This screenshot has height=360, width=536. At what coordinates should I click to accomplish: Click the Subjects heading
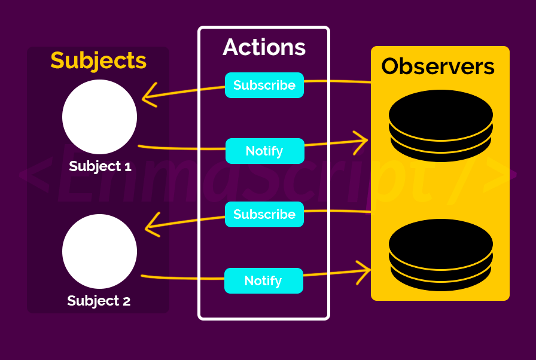(98, 60)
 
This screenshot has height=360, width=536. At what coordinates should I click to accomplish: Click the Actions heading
(264, 47)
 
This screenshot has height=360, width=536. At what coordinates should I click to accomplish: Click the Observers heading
(438, 66)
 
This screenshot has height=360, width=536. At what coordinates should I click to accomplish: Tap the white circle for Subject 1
(99, 117)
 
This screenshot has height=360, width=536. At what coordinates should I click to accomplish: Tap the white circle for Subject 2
(99, 252)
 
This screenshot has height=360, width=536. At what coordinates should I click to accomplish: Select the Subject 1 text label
(100, 166)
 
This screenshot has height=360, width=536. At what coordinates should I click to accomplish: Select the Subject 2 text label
(99, 301)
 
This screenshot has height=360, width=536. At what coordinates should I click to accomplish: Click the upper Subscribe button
(264, 85)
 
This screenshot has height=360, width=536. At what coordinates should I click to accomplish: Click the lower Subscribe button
(264, 214)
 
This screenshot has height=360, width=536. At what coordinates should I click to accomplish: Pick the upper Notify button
(264, 151)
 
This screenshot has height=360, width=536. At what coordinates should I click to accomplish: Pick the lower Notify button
(263, 280)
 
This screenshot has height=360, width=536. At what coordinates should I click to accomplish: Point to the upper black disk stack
(441, 126)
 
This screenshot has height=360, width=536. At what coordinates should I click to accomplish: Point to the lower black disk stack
(441, 255)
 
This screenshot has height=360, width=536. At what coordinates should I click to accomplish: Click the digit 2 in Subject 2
(126, 301)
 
